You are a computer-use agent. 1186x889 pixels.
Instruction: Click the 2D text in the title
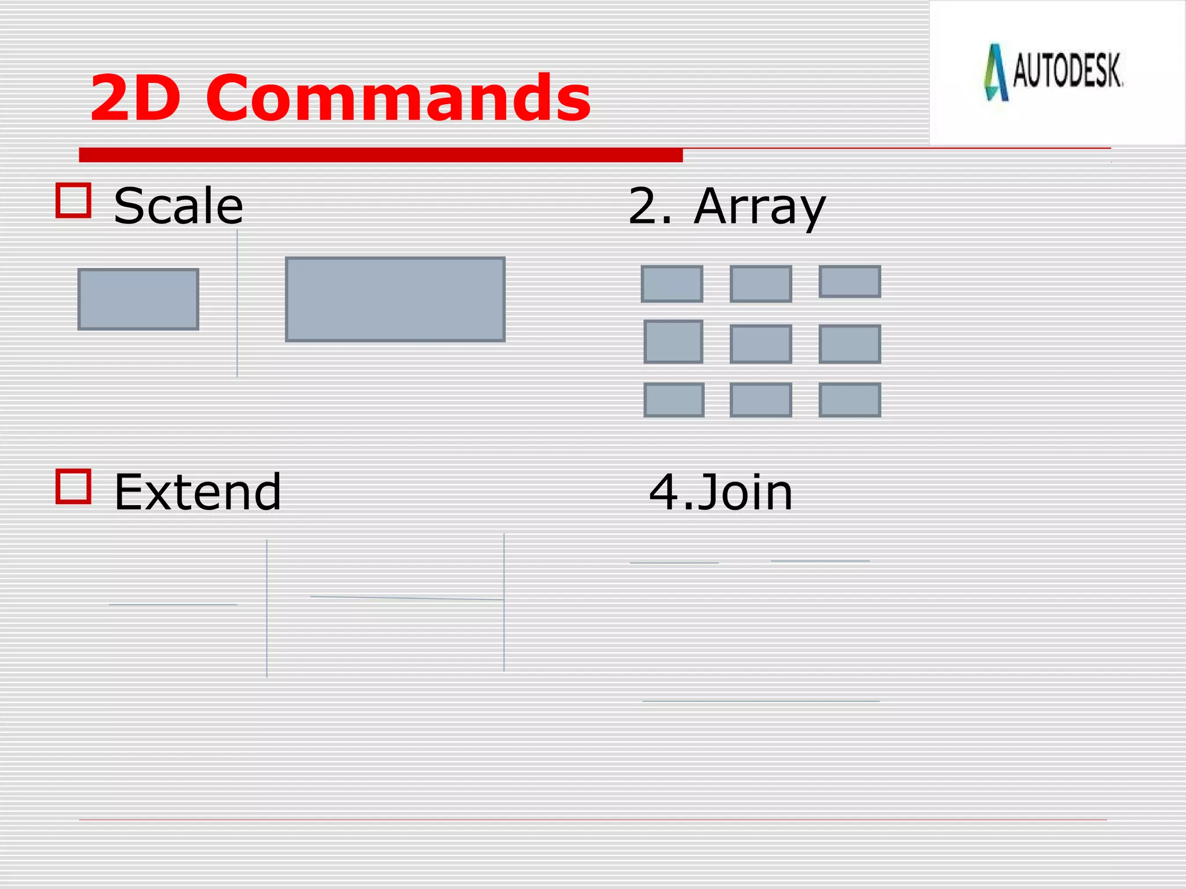coord(135,98)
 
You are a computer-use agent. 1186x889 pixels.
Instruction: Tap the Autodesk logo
coord(1054,72)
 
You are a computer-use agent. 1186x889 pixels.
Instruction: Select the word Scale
coord(178,206)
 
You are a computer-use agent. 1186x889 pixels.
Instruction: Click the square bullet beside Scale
coord(74,200)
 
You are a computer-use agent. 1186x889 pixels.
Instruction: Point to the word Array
coord(759,207)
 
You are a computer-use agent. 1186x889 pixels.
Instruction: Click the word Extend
coord(197,492)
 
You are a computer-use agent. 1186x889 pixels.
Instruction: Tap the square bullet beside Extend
coord(74,486)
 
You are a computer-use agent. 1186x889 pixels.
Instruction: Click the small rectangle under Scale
coord(138,299)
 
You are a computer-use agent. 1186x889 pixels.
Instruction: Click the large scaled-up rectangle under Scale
coord(395,299)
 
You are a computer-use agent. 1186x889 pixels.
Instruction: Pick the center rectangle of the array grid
coord(760,344)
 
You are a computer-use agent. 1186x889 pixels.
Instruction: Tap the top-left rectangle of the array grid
coord(672,284)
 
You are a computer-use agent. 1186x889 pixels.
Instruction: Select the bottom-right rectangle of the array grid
coord(850,399)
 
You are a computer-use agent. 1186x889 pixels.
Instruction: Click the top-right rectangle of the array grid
coord(850,281)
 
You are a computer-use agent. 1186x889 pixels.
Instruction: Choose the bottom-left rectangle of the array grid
coord(674,399)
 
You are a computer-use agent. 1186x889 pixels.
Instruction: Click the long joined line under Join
coord(760,701)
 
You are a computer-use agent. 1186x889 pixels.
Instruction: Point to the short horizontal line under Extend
coord(173,604)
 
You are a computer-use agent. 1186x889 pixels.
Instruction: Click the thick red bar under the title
coord(380,155)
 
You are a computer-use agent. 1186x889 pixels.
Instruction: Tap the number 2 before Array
coord(642,206)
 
